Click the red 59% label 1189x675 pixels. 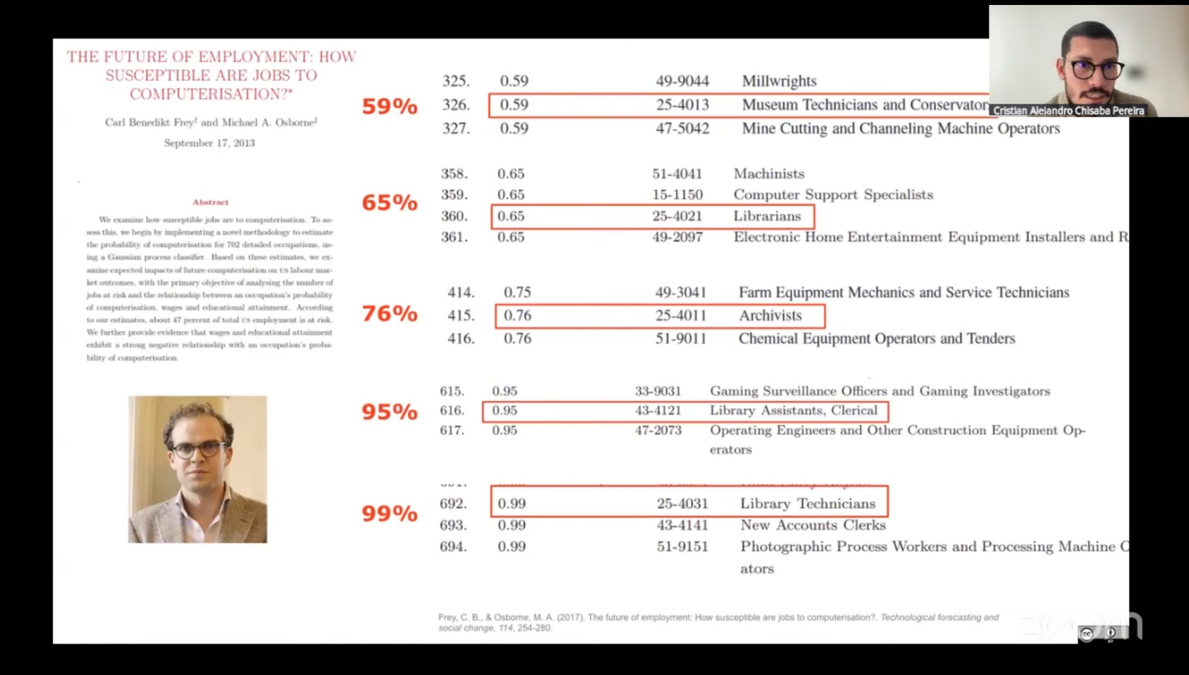[x=389, y=106]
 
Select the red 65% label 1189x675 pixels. [x=389, y=202]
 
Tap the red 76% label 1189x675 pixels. [x=389, y=313]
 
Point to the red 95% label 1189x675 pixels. [x=389, y=412]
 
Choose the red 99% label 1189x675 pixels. [x=389, y=513]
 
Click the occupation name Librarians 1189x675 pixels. [x=767, y=216]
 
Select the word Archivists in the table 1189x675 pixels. [x=770, y=316]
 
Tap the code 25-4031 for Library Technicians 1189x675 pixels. [x=682, y=503]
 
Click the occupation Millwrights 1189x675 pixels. [x=779, y=81]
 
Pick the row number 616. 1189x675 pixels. [x=452, y=410]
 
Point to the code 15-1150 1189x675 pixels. [x=677, y=194]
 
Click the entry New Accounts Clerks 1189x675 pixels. [x=812, y=525]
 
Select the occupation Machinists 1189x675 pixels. [x=769, y=173]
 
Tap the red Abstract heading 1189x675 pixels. [x=211, y=202]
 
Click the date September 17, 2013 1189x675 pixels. [x=209, y=143]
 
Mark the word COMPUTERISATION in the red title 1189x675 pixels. [x=208, y=94]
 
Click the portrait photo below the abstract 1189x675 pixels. [x=197, y=469]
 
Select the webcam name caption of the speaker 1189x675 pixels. [x=1068, y=111]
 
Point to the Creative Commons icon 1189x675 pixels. [x=1087, y=634]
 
